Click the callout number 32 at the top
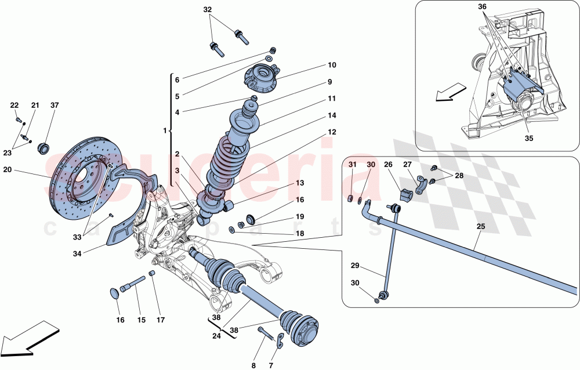point(208,10)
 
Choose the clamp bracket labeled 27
point(422,187)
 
